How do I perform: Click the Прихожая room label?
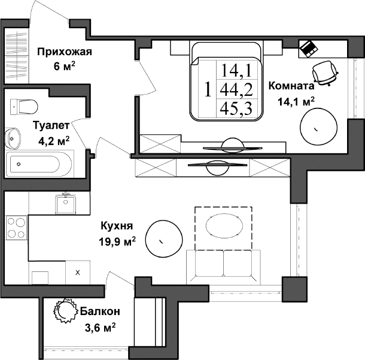(64, 52)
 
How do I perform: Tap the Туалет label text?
(51, 126)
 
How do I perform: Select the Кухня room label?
(116, 226)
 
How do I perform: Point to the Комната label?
(291, 86)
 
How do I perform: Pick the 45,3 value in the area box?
(236, 108)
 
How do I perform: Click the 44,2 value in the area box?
(236, 90)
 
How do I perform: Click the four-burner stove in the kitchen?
(16, 228)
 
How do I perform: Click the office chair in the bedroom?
(326, 73)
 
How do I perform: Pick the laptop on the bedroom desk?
(309, 47)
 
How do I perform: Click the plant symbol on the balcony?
(62, 310)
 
